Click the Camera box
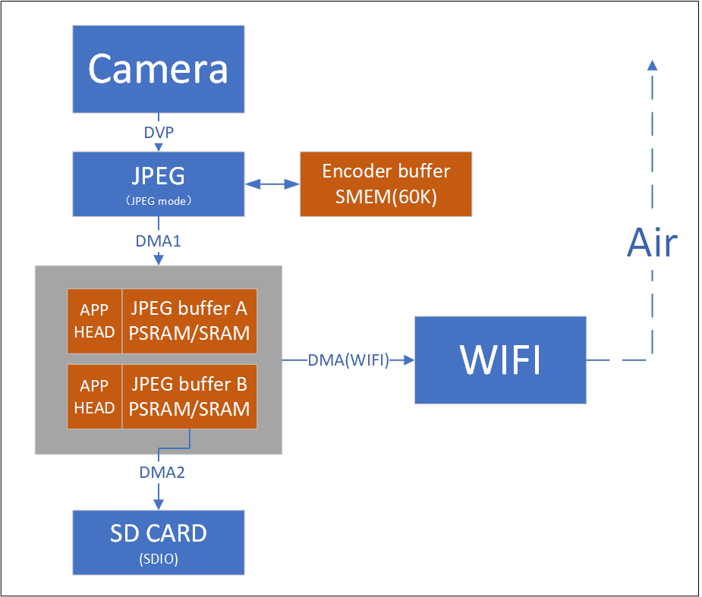(x=158, y=70)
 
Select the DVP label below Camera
(x=159, y=133)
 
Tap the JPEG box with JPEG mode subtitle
(x=158, y=184)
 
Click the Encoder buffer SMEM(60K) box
(x=386, y=184)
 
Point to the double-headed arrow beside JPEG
(x=272, y=184)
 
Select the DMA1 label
(x=158, y=241)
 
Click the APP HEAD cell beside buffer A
(x=95, y=321)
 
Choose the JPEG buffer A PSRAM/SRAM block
(x=190, y=321)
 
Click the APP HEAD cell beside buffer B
(x=95, y=397)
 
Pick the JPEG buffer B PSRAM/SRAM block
(x=190, y=397)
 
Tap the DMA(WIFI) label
(x=348, y=361)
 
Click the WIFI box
(x=500, y=360)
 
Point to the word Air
(x=652, y=244)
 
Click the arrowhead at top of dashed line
(x=652, y=65)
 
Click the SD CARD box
(x=158, y=542)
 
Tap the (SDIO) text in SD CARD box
(x=158, y=559)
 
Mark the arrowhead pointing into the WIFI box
(x=409, y=361)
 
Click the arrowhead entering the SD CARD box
(x=158, y=504)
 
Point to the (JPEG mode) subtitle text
(x=158, y=201)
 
